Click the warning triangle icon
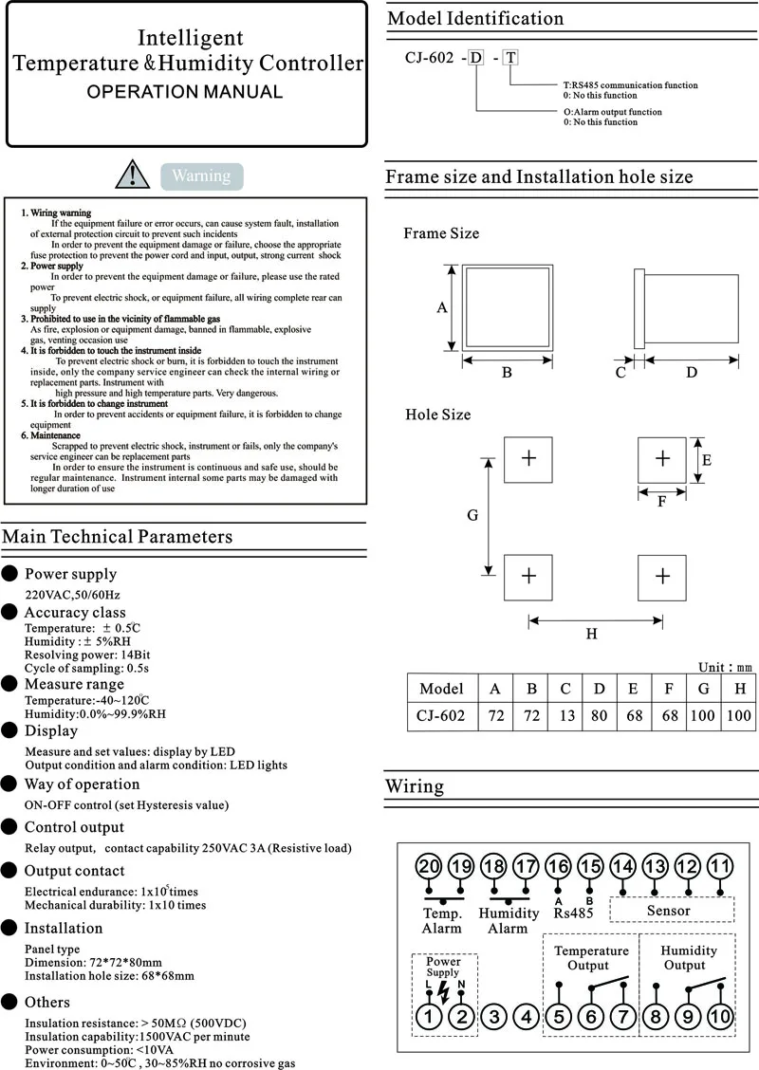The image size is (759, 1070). coord(132,175)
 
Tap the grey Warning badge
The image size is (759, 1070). coord(201,175)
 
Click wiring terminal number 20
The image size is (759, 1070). coord(430,866)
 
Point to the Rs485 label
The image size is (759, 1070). coord(574,913)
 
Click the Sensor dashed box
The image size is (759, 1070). coord(671,911)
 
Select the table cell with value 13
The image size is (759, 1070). coord(566,715)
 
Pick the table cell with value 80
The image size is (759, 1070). coord(599,715)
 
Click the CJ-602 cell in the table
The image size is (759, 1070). coord(441,715)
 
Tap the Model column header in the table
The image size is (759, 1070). coord(441,689)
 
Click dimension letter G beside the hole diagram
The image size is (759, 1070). coord(472,515)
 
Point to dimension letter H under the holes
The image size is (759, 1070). coord(592,634)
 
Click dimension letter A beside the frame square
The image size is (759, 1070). coord(441,307)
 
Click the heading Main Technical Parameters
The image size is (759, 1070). coord(117,537)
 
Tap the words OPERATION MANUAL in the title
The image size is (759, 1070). coord(185,92)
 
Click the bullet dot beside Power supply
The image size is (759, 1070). coord(9,573)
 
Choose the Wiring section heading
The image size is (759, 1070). coord(415,786)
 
